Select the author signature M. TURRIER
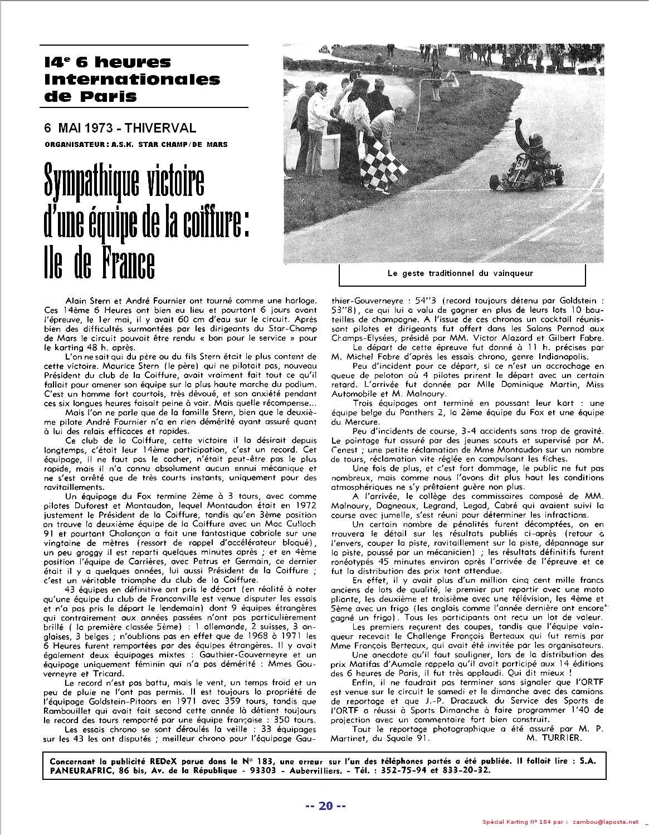(553, 738)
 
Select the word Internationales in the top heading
(132, 79)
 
